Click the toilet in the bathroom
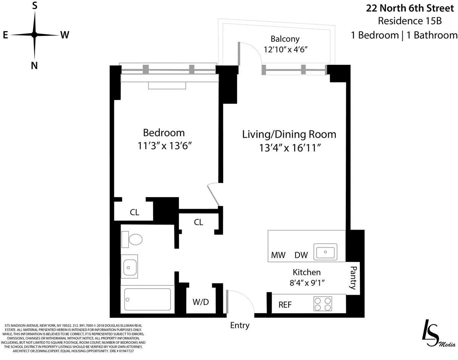pyautogui.click(x=132, y=239)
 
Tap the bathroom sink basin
pyautogui.click(x=129, y=266)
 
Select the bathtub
pyautogui.click(x=148, y=299)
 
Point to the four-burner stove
pyautogui.click(x=322, y=304)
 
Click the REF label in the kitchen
pyautogui.click(x=285, y=305)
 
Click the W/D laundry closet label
pyautogui.click(x=200, y=302)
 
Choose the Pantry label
pyautogui.click(x=353, y=278)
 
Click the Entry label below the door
pyautogui.click(x=240, y=325)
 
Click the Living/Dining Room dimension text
pyautogui.click(x=289, y=147)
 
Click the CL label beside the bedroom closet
pyautogui.click(x=134, y=212)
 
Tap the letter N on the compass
pyautogui.click(x=34, y=65)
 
